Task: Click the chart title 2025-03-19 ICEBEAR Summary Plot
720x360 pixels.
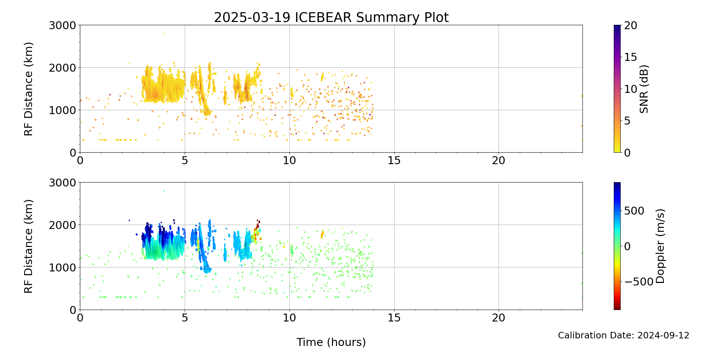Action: tap(331, 17)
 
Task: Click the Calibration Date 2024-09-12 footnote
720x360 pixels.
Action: tap(624, 336)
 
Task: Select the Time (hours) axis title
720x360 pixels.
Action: tap(331, 342)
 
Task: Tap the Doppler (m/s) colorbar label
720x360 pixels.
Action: tap(660, 246)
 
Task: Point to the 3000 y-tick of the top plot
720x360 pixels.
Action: tap(63, 26)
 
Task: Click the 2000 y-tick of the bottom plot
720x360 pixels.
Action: tap(63, 225)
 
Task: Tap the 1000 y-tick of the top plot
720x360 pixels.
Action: tap(63, 110)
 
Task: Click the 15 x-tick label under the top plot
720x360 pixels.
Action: tap(394, 161)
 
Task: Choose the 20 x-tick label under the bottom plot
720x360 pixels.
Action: tap(499, 318)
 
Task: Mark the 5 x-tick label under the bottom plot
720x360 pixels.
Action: tap(185, 318)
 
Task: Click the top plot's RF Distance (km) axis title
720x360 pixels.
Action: tap(28, 89)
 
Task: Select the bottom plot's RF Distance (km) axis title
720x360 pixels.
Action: tap(28, 246)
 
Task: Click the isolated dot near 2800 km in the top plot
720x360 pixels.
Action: tap(164, 34)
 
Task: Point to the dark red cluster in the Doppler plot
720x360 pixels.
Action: tap(258, 224)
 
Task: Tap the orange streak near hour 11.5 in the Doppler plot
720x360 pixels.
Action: tap(322, 234)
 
